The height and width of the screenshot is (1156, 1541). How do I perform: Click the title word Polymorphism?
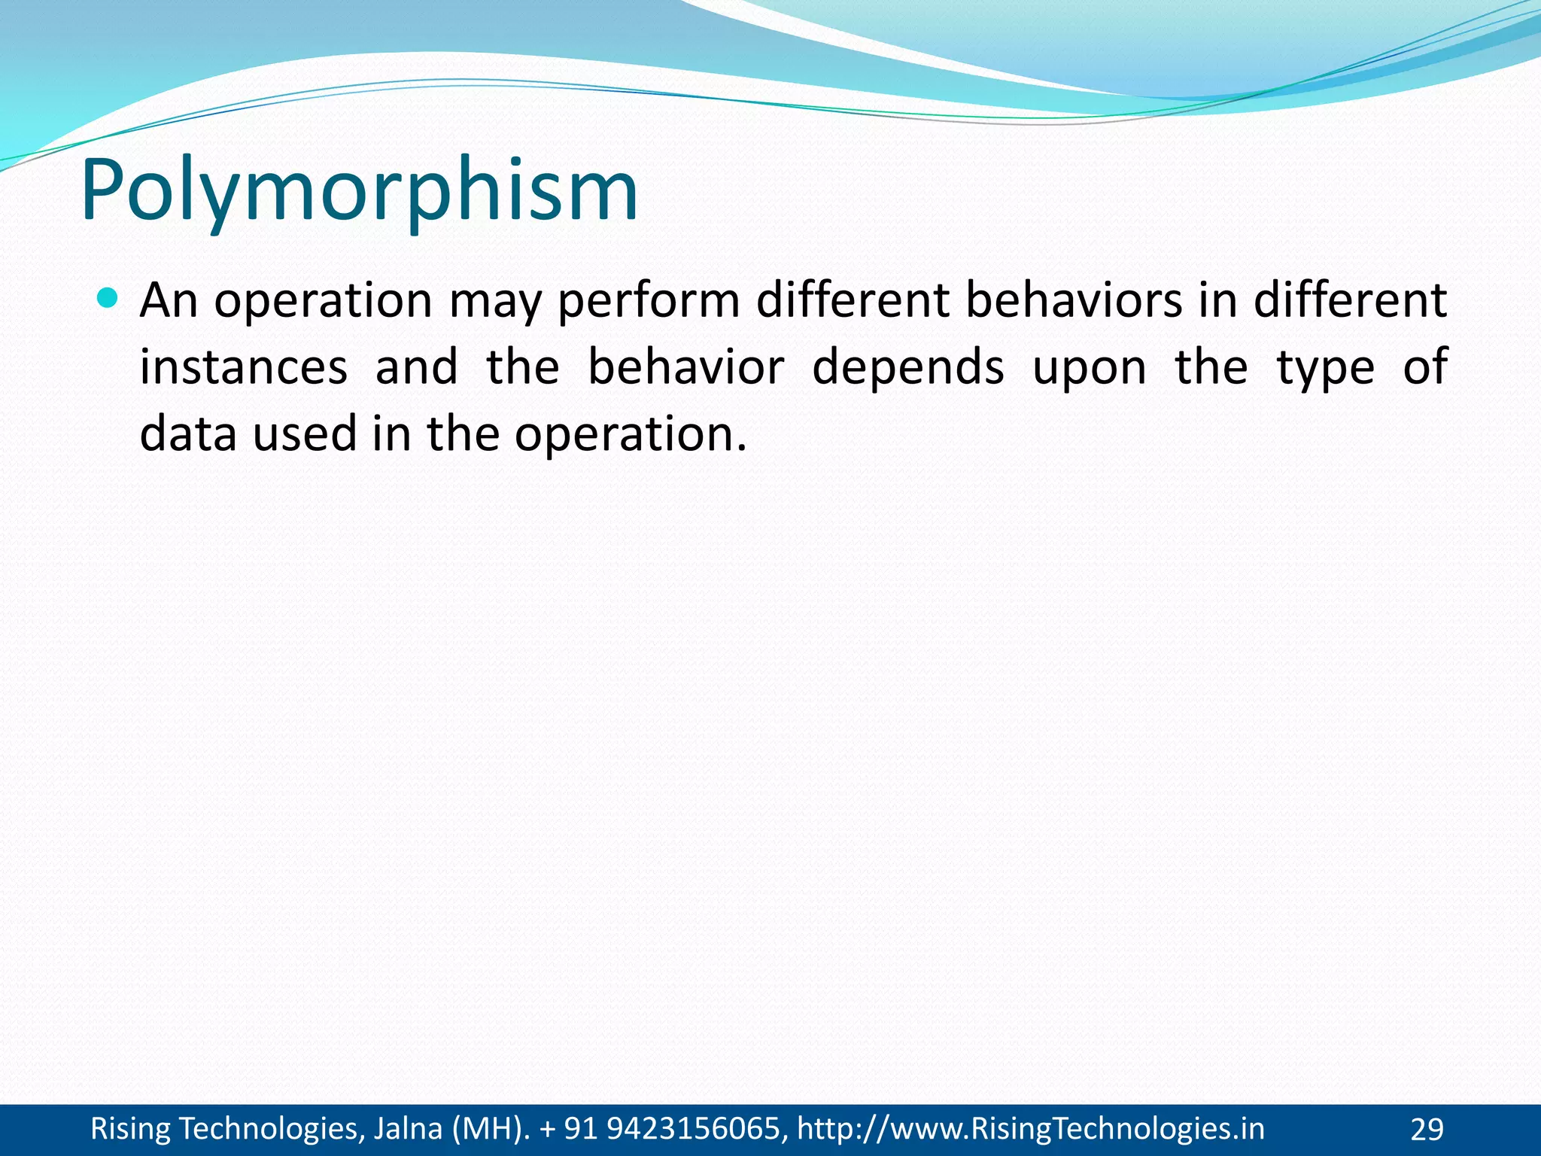tap(359, 192)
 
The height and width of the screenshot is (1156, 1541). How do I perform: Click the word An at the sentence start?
tap(169, 300)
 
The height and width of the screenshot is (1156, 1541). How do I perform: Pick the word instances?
tap(244, 367)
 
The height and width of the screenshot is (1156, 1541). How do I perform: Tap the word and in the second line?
tap(416, 367)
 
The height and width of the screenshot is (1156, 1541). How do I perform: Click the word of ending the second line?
tap(1425, 367)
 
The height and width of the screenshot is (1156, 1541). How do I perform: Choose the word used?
tap(304, 434)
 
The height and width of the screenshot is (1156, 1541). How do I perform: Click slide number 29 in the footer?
tap(1427, 1130)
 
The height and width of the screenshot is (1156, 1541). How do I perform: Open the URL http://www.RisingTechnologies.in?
tap(1030, 1129)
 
